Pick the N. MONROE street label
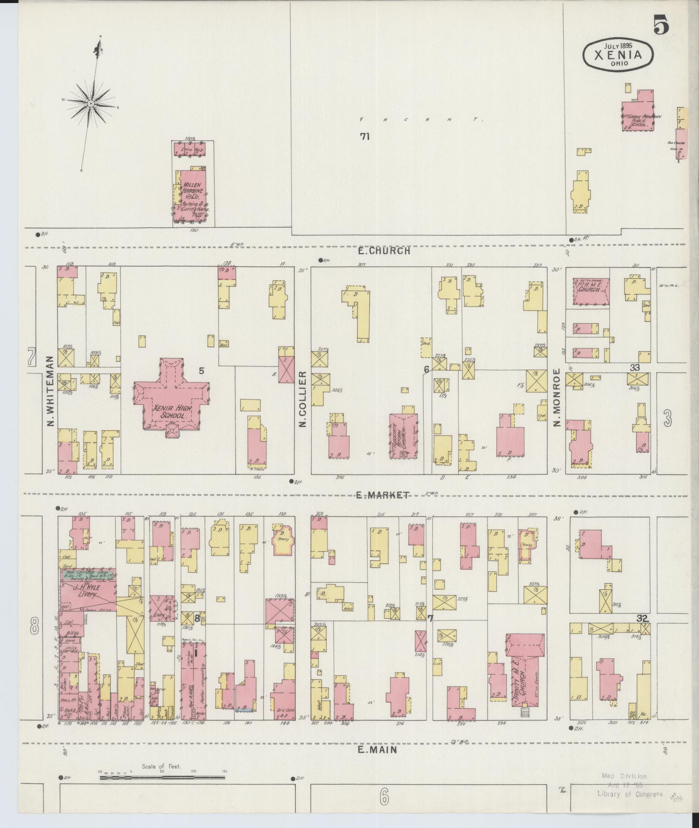pos(557,397)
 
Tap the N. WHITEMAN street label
pos(50,391)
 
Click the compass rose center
pos(91,104)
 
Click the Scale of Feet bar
pos(163,777)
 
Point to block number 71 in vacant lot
pos(365,137)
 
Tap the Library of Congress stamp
pos(629,785)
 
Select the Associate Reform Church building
pos(403,436)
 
